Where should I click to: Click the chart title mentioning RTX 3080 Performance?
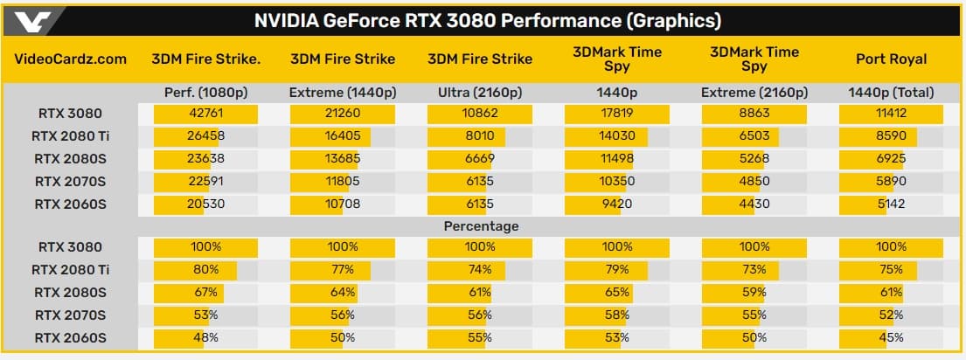pyautogui.click(x=487, y=21)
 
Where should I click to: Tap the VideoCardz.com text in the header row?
pyautogui.click(x=71, y=59)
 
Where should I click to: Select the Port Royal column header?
pyautogui.click(x=892, y=59)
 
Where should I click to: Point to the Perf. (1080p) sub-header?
pyautogui.click(x=205, y=92)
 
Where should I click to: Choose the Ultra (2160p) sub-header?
pyautogui.click(x=480, y=92)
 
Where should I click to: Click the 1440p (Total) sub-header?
pyautogui.click(x=892, y=92)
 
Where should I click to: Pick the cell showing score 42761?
pyautogui.click(x=205, y=113)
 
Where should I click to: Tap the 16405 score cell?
pyautogui.click(x=343, y=135)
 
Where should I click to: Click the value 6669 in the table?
pyautogui.click(x=480, y=158)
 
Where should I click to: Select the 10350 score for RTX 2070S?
pyautogui.click(x=617, y=181)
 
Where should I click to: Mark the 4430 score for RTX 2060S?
pyautogui.click(x=754, y=204)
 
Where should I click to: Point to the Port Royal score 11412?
pyautogui.click(x=892, y=113)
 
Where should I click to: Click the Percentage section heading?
pyautogui.click(x=480, y=225)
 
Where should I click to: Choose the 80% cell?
pyautogui.click(x=205, y=270)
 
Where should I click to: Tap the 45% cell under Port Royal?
pyautogui.click(x=892, y=337)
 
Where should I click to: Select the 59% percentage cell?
pyautogui.click(x=754, y=293)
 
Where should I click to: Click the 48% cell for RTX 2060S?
pyautogui.click(x=205, y=337)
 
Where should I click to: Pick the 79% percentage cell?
pyautogui.click(x=617, y=270)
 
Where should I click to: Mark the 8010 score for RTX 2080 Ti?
pyautogui.click(x=480, y=135)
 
